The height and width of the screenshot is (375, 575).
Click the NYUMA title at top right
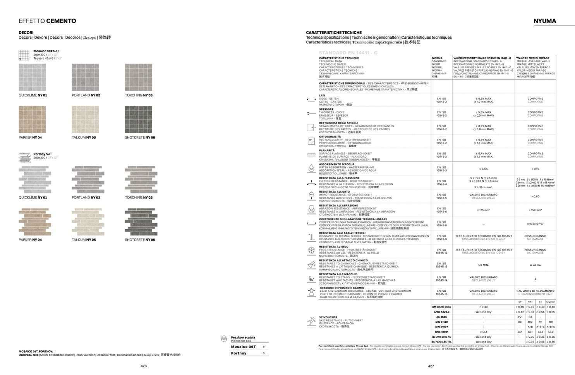click(x=544, y=21)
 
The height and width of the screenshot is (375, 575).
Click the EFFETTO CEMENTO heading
click(x=47, y=21)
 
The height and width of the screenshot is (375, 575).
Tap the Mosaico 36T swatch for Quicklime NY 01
click(x=32, y=77)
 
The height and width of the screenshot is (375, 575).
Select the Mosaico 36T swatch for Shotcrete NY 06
click(x=138, y=120)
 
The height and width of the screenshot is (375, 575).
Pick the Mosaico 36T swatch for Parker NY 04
click(x=32, y=120)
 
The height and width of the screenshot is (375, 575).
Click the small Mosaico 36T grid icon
click(x=24, y=55)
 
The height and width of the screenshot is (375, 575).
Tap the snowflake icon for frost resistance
click(x=311, y=251)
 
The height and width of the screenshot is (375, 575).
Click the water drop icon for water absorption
click(x=311, y=169)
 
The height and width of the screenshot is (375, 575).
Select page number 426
click(x=144, y=366)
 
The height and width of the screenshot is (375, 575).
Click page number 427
click(x=431, y=366)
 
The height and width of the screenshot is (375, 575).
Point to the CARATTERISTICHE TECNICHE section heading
click(x=334, y=33)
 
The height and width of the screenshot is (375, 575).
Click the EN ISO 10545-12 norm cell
click(x=441, y=251)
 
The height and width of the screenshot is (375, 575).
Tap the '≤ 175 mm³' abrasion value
click(x=483, y=210)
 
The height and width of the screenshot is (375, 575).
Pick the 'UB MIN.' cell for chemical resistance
click(x=483, y=265)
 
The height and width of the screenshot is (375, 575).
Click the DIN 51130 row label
click(x=441, y=322)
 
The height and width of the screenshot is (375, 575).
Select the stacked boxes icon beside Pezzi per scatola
click(x=224, y=339)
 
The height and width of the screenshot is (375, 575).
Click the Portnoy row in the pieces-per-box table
click(x=248, y=353)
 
